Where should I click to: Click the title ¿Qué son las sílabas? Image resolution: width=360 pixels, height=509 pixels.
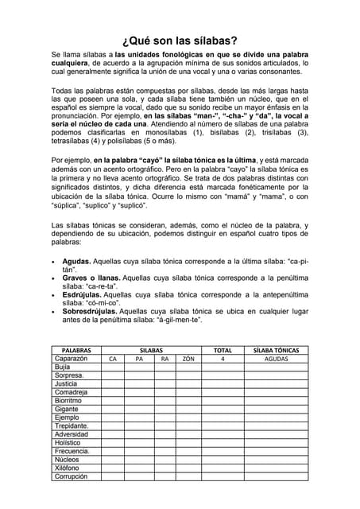click(x=180, y=41)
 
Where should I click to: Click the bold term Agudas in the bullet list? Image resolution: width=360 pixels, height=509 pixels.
click(x=77, y=261)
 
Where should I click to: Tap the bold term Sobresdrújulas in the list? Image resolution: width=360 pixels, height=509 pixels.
click(x=89, y=311)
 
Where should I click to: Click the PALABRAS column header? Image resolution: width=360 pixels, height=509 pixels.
click(x=76, y=350)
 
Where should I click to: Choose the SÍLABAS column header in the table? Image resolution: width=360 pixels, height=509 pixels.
click(x=151, y=350)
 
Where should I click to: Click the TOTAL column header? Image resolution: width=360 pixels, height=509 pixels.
click(x=223, y=350)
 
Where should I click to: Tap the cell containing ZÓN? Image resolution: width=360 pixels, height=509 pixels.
click(x=188, y=359)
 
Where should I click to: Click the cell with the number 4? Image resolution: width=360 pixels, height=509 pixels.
click(x=223, y=359)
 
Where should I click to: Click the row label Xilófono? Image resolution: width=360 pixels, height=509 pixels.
click(x=68, y=468)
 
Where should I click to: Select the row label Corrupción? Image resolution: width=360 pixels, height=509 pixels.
click(x=71, y=477)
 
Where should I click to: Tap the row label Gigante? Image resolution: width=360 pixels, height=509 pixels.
click(x=67, y=410)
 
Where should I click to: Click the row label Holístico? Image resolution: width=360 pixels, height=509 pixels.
click(x=68, y=443)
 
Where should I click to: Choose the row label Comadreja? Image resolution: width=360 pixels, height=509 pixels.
click(x=71, y=392)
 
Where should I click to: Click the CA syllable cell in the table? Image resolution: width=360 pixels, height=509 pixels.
click(x=113, y=359)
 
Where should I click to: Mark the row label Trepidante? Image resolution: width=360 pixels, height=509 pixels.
click(x=72, y=426)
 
